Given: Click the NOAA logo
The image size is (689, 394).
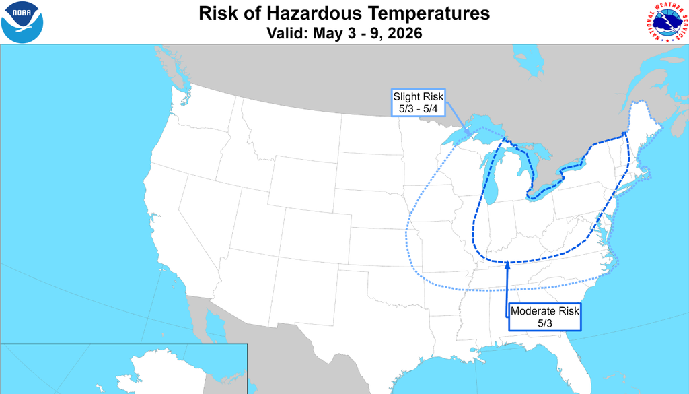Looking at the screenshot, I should [x=22, y=22].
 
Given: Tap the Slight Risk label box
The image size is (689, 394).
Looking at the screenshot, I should [x=419, y=102].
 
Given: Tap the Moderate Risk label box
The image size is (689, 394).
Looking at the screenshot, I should [x=544, y=317].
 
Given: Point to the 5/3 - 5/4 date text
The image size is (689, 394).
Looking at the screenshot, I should [x=419, y=108].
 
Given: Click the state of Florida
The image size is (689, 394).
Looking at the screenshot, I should [x=572, y=354].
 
